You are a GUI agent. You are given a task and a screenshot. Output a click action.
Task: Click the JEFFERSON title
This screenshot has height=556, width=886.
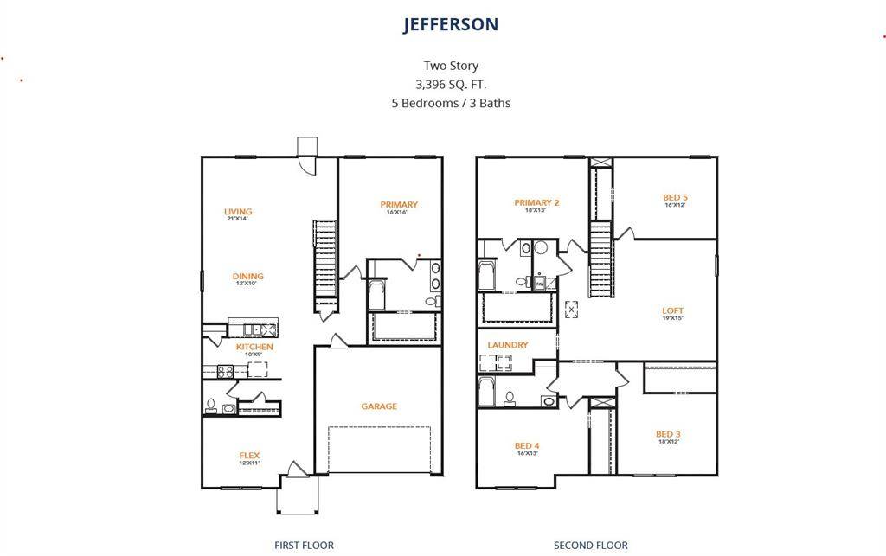click(x=450, y=24)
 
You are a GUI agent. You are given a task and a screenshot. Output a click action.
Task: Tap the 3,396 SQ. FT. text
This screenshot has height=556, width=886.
click(x=450, y=84)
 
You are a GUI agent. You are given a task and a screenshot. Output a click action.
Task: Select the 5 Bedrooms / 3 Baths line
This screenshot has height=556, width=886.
click(x=450, y=103)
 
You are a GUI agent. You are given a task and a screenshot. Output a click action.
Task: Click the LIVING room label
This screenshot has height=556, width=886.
click(x=238, y=212)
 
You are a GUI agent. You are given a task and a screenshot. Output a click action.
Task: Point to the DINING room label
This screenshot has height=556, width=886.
click(x=248, y=277)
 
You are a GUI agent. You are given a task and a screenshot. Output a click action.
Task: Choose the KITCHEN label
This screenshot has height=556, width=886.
click(x=254, y=347)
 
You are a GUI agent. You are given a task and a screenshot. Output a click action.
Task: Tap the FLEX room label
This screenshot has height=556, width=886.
click(x=249, y=456)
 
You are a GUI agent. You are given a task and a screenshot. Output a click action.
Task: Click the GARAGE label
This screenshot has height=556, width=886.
click(x=379, y=406)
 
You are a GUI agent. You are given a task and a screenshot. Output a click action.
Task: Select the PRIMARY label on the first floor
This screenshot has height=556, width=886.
click(x=399, y=205)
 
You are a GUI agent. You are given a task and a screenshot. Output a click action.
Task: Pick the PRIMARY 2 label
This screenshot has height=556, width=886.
click(x=536, y=203)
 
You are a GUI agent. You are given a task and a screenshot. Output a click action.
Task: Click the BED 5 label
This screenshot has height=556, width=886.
click(x=676, y=198)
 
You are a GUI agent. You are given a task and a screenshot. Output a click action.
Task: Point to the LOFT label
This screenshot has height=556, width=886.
click(x=673, y=311)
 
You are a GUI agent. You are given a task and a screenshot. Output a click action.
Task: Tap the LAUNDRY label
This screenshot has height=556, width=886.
click(x=508, y=345)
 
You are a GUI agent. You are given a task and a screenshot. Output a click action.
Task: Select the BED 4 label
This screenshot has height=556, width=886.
click(x=527, y=446)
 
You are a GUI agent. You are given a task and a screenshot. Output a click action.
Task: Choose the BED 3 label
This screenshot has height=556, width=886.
click(x=669, y=434)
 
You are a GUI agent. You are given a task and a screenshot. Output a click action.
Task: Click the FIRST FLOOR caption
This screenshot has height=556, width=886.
click(x=304, y=546)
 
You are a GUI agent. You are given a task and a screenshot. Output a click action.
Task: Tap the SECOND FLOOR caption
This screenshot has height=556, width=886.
click(x=591, y=546)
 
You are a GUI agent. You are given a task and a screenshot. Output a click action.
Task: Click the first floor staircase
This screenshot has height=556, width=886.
click(x=325, y=259)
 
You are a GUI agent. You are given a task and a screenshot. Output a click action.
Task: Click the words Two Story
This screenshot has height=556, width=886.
click(x=450, y=66)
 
